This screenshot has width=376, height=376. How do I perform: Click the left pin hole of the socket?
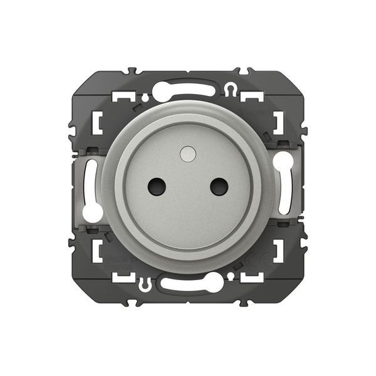tap(156, 185)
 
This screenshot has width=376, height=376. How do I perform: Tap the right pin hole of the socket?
tap(219, 185)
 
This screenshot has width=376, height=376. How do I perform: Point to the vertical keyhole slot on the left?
tap(92, 188)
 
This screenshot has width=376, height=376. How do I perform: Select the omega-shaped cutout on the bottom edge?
tap(145, 283)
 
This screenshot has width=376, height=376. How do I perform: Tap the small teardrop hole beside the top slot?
tap(145, 98)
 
